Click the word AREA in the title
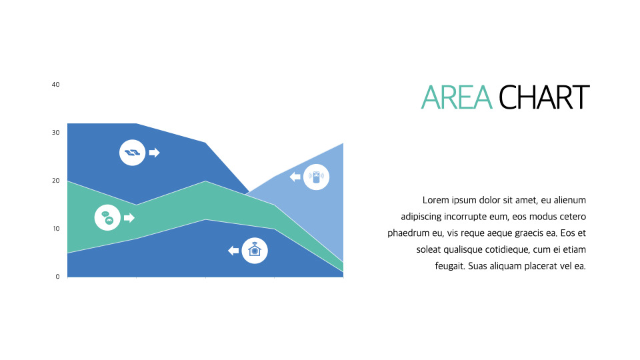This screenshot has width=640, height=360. click(x=457, y=97)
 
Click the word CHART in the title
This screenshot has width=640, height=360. click(x=544, y=97)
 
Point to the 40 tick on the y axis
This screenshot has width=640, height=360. click(x=55, y=85)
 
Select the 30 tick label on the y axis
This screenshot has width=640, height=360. click(x=55, y=132)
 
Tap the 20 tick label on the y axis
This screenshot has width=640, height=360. click(x=55, y=181)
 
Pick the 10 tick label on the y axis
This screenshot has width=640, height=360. click(x=56, y=228)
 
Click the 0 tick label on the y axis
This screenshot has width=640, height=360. click(x=57, y=276)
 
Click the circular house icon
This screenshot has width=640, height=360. click(x=255, y=250)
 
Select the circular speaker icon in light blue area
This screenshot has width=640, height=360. click(x=316, y=177)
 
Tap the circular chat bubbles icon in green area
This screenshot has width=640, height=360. click(x=107, y=217)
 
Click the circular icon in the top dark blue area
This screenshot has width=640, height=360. click(x=132, y=153)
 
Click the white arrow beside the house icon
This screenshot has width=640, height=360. click(x=233, y=250)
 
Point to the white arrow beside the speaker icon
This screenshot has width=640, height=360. click(x=295, y=177)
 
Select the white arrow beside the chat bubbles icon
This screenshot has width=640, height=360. click(x=129, y=217)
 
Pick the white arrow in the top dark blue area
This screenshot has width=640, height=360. click(x=154, y=153)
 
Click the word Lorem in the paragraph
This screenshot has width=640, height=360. click(x=436, y=200)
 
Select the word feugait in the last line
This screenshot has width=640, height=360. click(x=450, y=266)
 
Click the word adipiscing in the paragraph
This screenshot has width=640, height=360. click(x=421, y=217)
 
